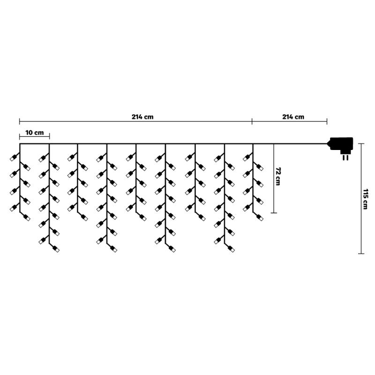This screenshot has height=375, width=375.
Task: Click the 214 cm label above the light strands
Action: [142, 117]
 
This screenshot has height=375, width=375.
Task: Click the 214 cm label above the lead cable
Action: [293, 117]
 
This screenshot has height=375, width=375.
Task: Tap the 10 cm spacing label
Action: [34, 133]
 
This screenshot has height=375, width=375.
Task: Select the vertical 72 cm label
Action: [278, 176]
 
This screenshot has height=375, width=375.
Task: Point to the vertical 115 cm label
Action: [366, 199]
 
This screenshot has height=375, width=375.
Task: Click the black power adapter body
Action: [341, 144]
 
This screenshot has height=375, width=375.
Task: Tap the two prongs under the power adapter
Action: [346, 157]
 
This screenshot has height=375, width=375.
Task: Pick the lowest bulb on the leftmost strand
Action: [26, 218]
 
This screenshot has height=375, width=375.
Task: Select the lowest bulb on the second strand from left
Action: [56, 249]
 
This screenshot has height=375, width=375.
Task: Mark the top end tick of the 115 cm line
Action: [361, 144]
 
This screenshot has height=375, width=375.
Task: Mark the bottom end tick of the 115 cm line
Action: [361, 254]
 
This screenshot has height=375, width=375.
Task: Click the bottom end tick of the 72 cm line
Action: [274, 213]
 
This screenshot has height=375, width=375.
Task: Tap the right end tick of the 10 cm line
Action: [49, 137]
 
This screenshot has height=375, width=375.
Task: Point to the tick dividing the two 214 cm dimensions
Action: [252, 121]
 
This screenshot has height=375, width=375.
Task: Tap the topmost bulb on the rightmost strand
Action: [247, 158]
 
